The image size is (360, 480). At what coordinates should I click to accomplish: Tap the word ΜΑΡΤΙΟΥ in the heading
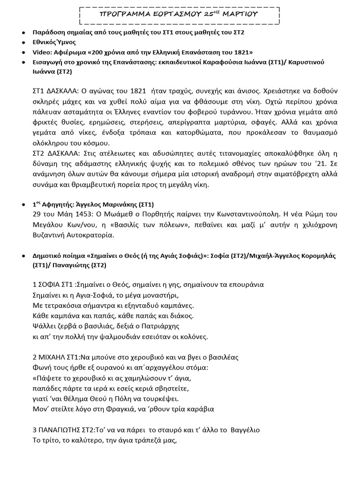tap(240, 15)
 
